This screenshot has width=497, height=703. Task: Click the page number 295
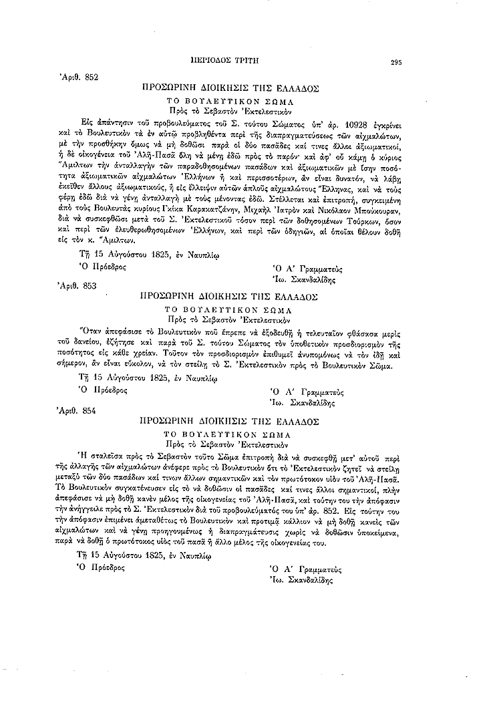click(x=396, y=61)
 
